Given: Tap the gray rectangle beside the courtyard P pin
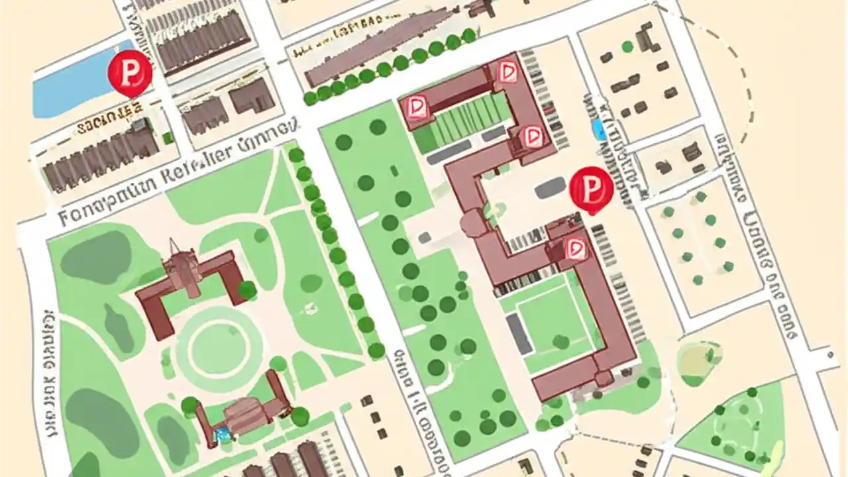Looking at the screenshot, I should (550, 187).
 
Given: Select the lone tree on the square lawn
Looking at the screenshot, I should (561, 342).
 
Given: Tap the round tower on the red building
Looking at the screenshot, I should (473, 224).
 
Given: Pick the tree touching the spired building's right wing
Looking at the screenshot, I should (247, 289).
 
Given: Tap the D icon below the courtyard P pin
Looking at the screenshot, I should (575, 248).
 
